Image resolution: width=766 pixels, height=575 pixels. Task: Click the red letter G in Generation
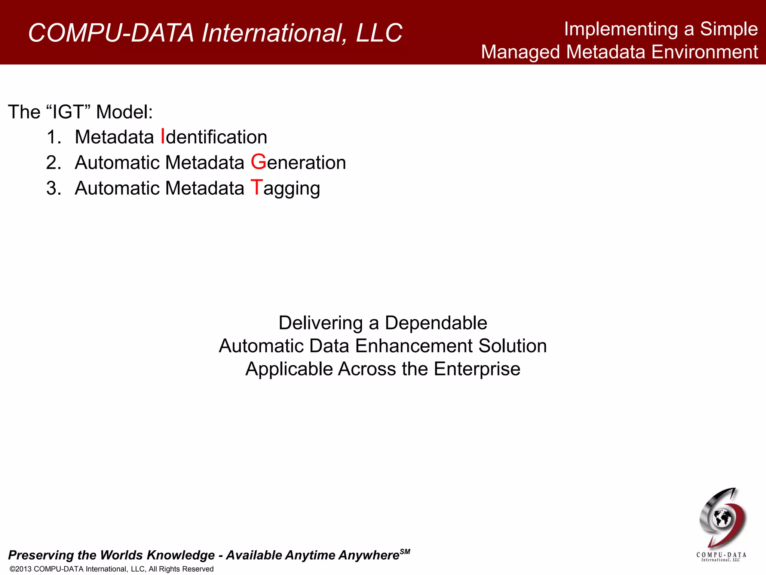258,162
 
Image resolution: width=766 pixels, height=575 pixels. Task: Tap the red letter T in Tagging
257,187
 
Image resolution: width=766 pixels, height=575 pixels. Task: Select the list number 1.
53,137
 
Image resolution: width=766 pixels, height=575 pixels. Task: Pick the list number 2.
53,162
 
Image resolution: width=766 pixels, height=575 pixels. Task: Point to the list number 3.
53,188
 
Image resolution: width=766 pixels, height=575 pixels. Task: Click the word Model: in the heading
124,112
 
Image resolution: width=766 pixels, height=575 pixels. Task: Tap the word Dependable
436,323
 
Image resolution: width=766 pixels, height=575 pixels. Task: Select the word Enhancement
413,346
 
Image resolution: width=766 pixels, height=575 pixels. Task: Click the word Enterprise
477,369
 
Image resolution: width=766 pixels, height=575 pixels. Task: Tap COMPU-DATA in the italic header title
111,33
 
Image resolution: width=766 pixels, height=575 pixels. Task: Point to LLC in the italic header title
379,33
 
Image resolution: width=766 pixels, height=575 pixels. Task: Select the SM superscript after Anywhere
405,551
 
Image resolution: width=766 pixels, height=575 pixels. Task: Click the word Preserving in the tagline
41,555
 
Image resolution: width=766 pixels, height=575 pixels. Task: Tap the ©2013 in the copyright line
21,569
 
